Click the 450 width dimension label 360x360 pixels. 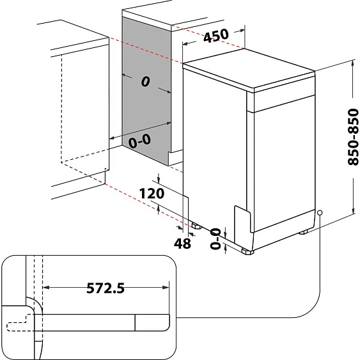click(x=216, y=36)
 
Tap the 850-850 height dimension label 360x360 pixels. click(x=353, y=137)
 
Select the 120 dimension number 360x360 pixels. click(x=152, y=193)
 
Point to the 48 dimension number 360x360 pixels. click(x=182, y=244)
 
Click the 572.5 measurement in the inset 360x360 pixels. click(x=106, y=288)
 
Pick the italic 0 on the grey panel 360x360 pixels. click(x=145, y=81)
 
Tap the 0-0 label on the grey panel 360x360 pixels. click(x=139, y=141)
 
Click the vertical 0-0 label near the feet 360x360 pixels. click(x=215, y=239)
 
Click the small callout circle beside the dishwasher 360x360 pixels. click(x=320, y=213)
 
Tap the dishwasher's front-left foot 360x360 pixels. click(x=247, y=252)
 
